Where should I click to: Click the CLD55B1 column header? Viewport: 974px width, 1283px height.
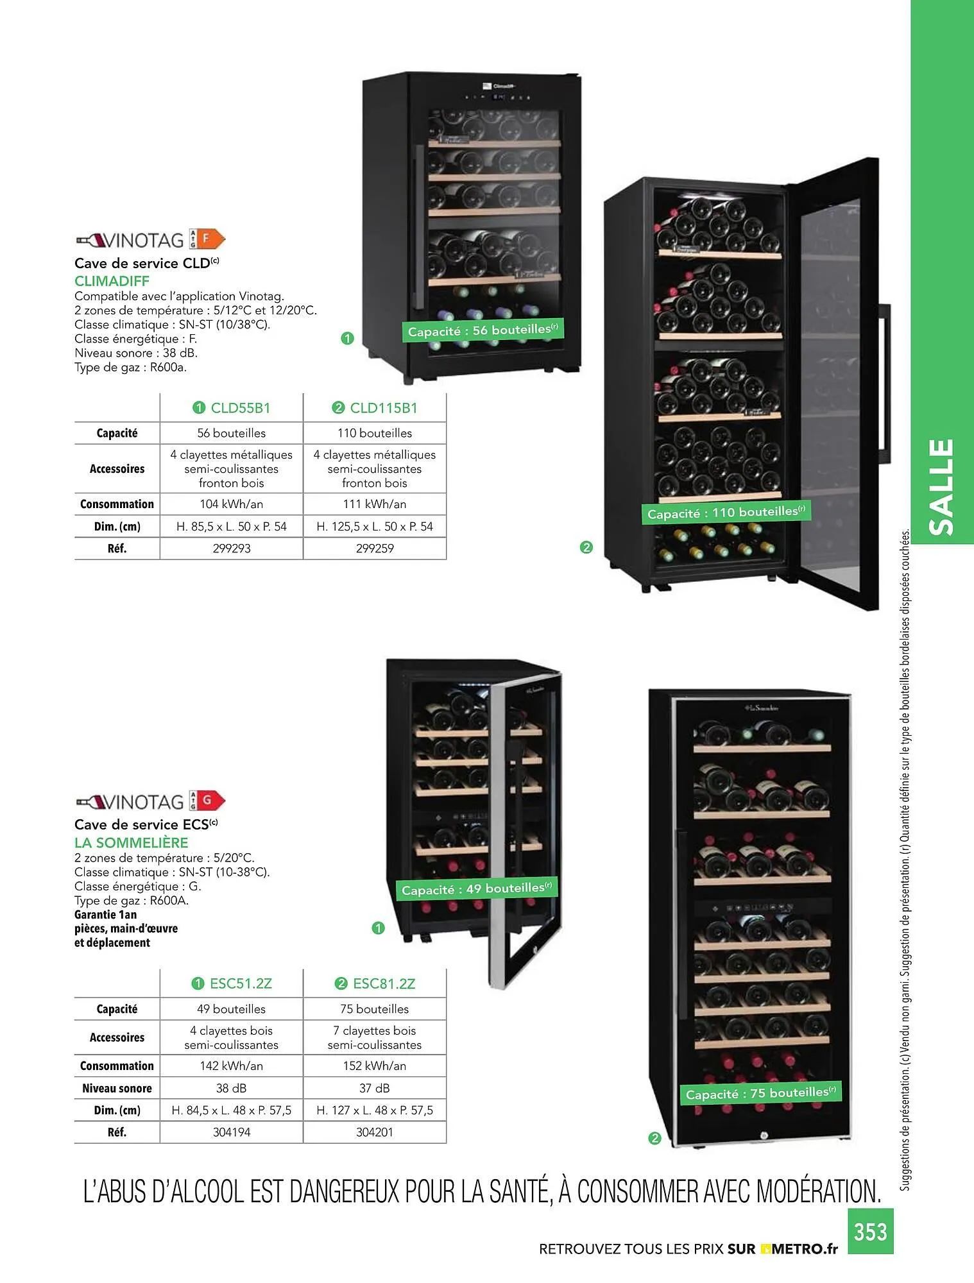point(232,408)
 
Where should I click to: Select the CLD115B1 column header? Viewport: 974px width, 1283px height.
point(375,408)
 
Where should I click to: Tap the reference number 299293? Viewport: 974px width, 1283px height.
point(232,548)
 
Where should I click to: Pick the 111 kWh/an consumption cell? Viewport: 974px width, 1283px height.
point(375,504)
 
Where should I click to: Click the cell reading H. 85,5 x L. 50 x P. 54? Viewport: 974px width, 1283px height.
point(232,527)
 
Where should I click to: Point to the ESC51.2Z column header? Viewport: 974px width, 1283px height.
point(232,983)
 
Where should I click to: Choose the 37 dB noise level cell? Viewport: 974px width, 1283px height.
point(375,1088)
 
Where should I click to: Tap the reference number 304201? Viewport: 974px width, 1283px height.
point(375,1132)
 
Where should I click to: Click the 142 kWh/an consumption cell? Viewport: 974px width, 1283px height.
point(232,1066)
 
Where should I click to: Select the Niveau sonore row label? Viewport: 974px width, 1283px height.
point(117,1088)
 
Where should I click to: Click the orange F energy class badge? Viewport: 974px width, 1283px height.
point(208,239)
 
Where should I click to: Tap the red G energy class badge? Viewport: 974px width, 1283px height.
point(208,801)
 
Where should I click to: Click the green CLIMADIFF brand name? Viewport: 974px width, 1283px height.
point(112,281)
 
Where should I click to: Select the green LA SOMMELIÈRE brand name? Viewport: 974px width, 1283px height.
point(131,842)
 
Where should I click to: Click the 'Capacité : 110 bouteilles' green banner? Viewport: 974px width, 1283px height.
point(726,513)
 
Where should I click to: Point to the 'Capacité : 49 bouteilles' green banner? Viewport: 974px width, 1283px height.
point(476,889)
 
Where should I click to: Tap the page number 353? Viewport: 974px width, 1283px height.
point(870,1232)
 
